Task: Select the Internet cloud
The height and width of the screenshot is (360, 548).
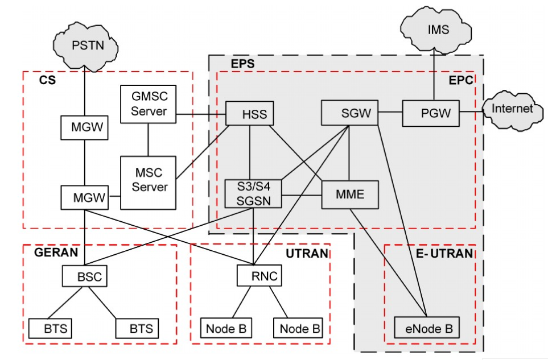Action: coord(512,109)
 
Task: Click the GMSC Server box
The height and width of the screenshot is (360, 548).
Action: coord(149,104)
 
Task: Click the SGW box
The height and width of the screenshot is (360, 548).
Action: coord(349,113)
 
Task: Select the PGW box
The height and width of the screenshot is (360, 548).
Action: coord(431,113)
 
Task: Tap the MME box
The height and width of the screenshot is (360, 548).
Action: coord(350,195)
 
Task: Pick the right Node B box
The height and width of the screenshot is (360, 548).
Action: coord(298,328)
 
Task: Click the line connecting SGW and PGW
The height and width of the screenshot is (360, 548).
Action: coord(390,113)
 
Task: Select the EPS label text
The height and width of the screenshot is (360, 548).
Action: coord(242,63)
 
